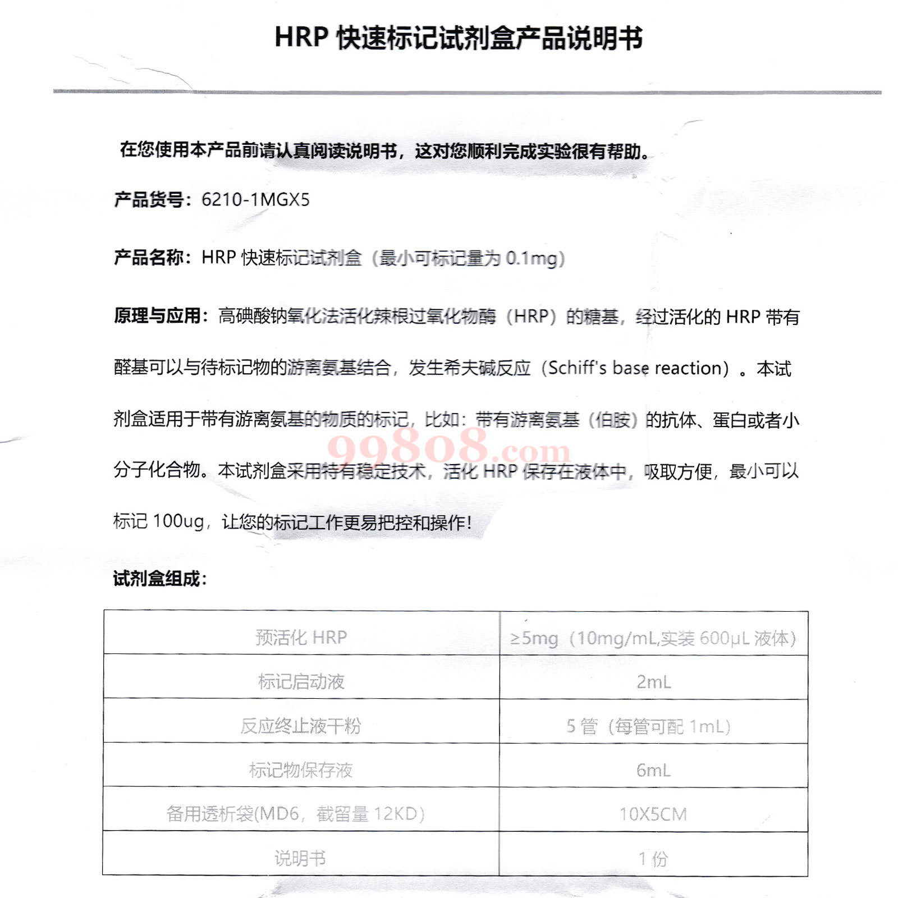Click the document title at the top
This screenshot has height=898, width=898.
coord(458,38)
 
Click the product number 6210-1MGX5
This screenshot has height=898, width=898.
coord(255,200)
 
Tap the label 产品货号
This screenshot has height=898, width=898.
coord(148,200)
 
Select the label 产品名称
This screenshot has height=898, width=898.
coord(148,258)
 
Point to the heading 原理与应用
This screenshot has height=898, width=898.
coord(157,316)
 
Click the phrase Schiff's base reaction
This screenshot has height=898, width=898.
coord(638,368)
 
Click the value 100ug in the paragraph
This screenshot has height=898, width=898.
coord(178,521)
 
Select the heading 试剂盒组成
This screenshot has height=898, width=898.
coord(159,579)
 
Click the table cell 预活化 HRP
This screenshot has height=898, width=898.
coord(301,638)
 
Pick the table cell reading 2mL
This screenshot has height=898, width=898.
coord(653,682)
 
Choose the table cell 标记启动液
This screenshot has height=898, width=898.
coord(301,682)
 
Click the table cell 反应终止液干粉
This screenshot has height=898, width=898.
coord(301,726)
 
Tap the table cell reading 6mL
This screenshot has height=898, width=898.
coord(653,770)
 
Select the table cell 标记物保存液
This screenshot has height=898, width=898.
coord(301,770)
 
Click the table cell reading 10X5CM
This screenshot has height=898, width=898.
coord(653,814)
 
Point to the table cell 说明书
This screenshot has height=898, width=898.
coord(300,858)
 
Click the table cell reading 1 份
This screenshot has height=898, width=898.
coord(653,858)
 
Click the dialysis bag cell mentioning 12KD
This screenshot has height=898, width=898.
coord(296,814)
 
